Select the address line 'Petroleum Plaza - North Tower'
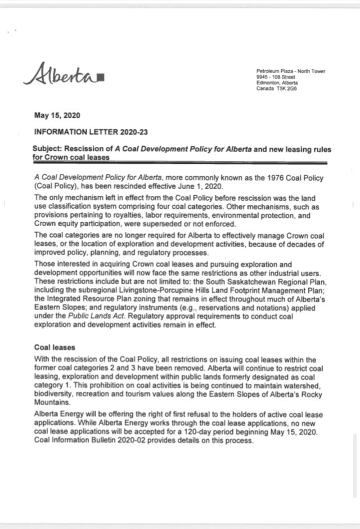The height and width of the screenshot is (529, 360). (290, 70)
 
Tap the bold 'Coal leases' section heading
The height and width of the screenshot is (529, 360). (54, 347)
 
